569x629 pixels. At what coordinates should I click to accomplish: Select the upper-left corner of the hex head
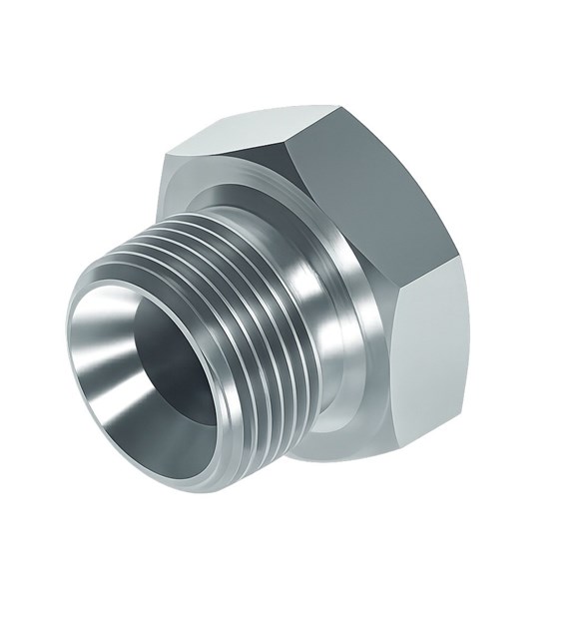(166, 153)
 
